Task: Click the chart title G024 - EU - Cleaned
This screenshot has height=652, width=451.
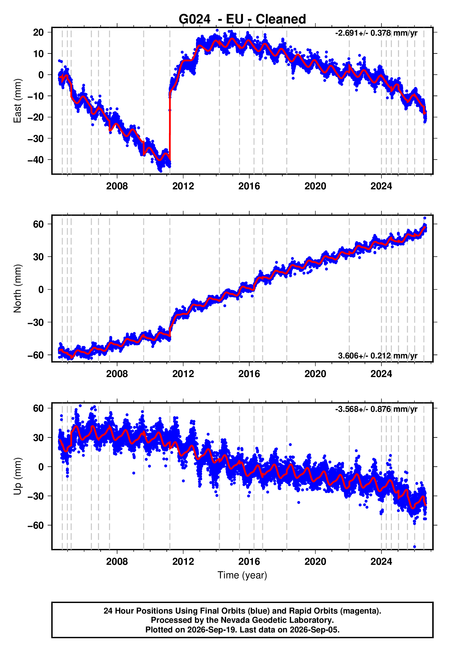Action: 242,19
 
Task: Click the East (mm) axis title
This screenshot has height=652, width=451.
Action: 17,101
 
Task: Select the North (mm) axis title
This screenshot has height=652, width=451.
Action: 17,288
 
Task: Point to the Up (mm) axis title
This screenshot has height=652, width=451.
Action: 17,476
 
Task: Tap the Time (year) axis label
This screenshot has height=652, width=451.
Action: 242,575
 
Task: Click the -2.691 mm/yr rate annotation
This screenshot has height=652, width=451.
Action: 376,33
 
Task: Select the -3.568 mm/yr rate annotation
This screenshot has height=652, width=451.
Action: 376,409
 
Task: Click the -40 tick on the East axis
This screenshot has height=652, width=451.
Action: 36,160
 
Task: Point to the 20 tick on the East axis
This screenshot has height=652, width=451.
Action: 38,32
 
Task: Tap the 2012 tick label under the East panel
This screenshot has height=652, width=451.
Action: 183,186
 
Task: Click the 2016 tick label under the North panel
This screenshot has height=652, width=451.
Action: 249,374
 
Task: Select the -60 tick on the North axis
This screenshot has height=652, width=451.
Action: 36,355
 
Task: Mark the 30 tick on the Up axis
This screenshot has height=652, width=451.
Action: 38,438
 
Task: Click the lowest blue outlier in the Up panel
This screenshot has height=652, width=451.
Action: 414,547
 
